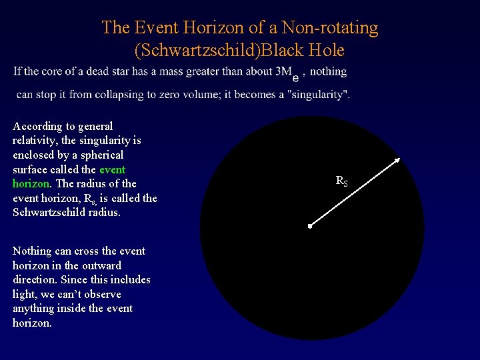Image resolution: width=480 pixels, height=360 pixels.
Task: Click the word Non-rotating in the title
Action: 331,28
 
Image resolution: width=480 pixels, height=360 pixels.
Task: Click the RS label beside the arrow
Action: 341,181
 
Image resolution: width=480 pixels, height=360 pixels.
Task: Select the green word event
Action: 112,169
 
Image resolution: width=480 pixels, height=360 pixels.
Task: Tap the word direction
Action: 35,279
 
